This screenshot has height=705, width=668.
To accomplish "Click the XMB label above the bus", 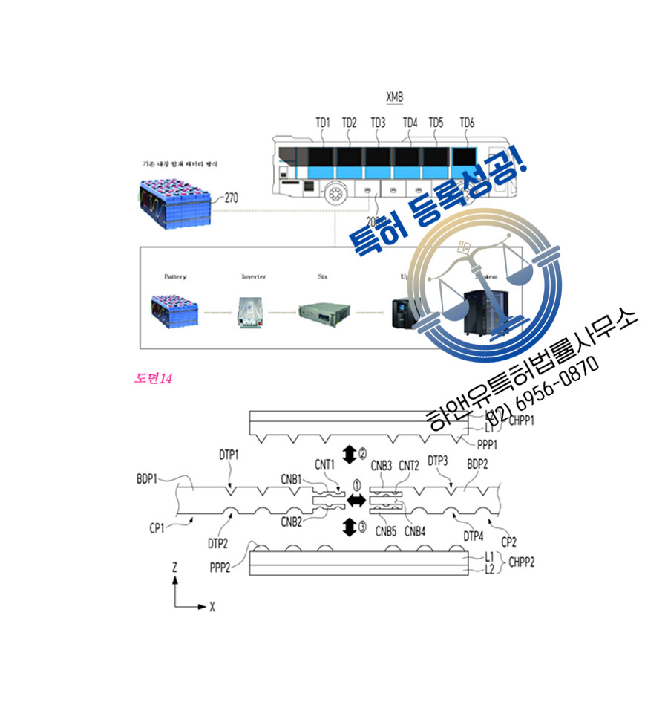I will tap(395, 97).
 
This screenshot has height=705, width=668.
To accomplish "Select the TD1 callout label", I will tap(323, 123).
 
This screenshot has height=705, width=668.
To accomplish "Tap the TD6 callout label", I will tap(467, 123).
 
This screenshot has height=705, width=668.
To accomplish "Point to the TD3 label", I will tap(378, 123).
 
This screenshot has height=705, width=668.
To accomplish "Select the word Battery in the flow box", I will tap(175, 277).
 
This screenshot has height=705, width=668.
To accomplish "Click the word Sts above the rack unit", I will tap(322, 277).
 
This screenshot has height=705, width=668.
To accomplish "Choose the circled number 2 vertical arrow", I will tap(350, 455).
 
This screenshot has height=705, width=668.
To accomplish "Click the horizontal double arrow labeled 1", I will tap(357, 501).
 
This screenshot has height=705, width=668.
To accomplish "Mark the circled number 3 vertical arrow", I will tap(350, 528).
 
